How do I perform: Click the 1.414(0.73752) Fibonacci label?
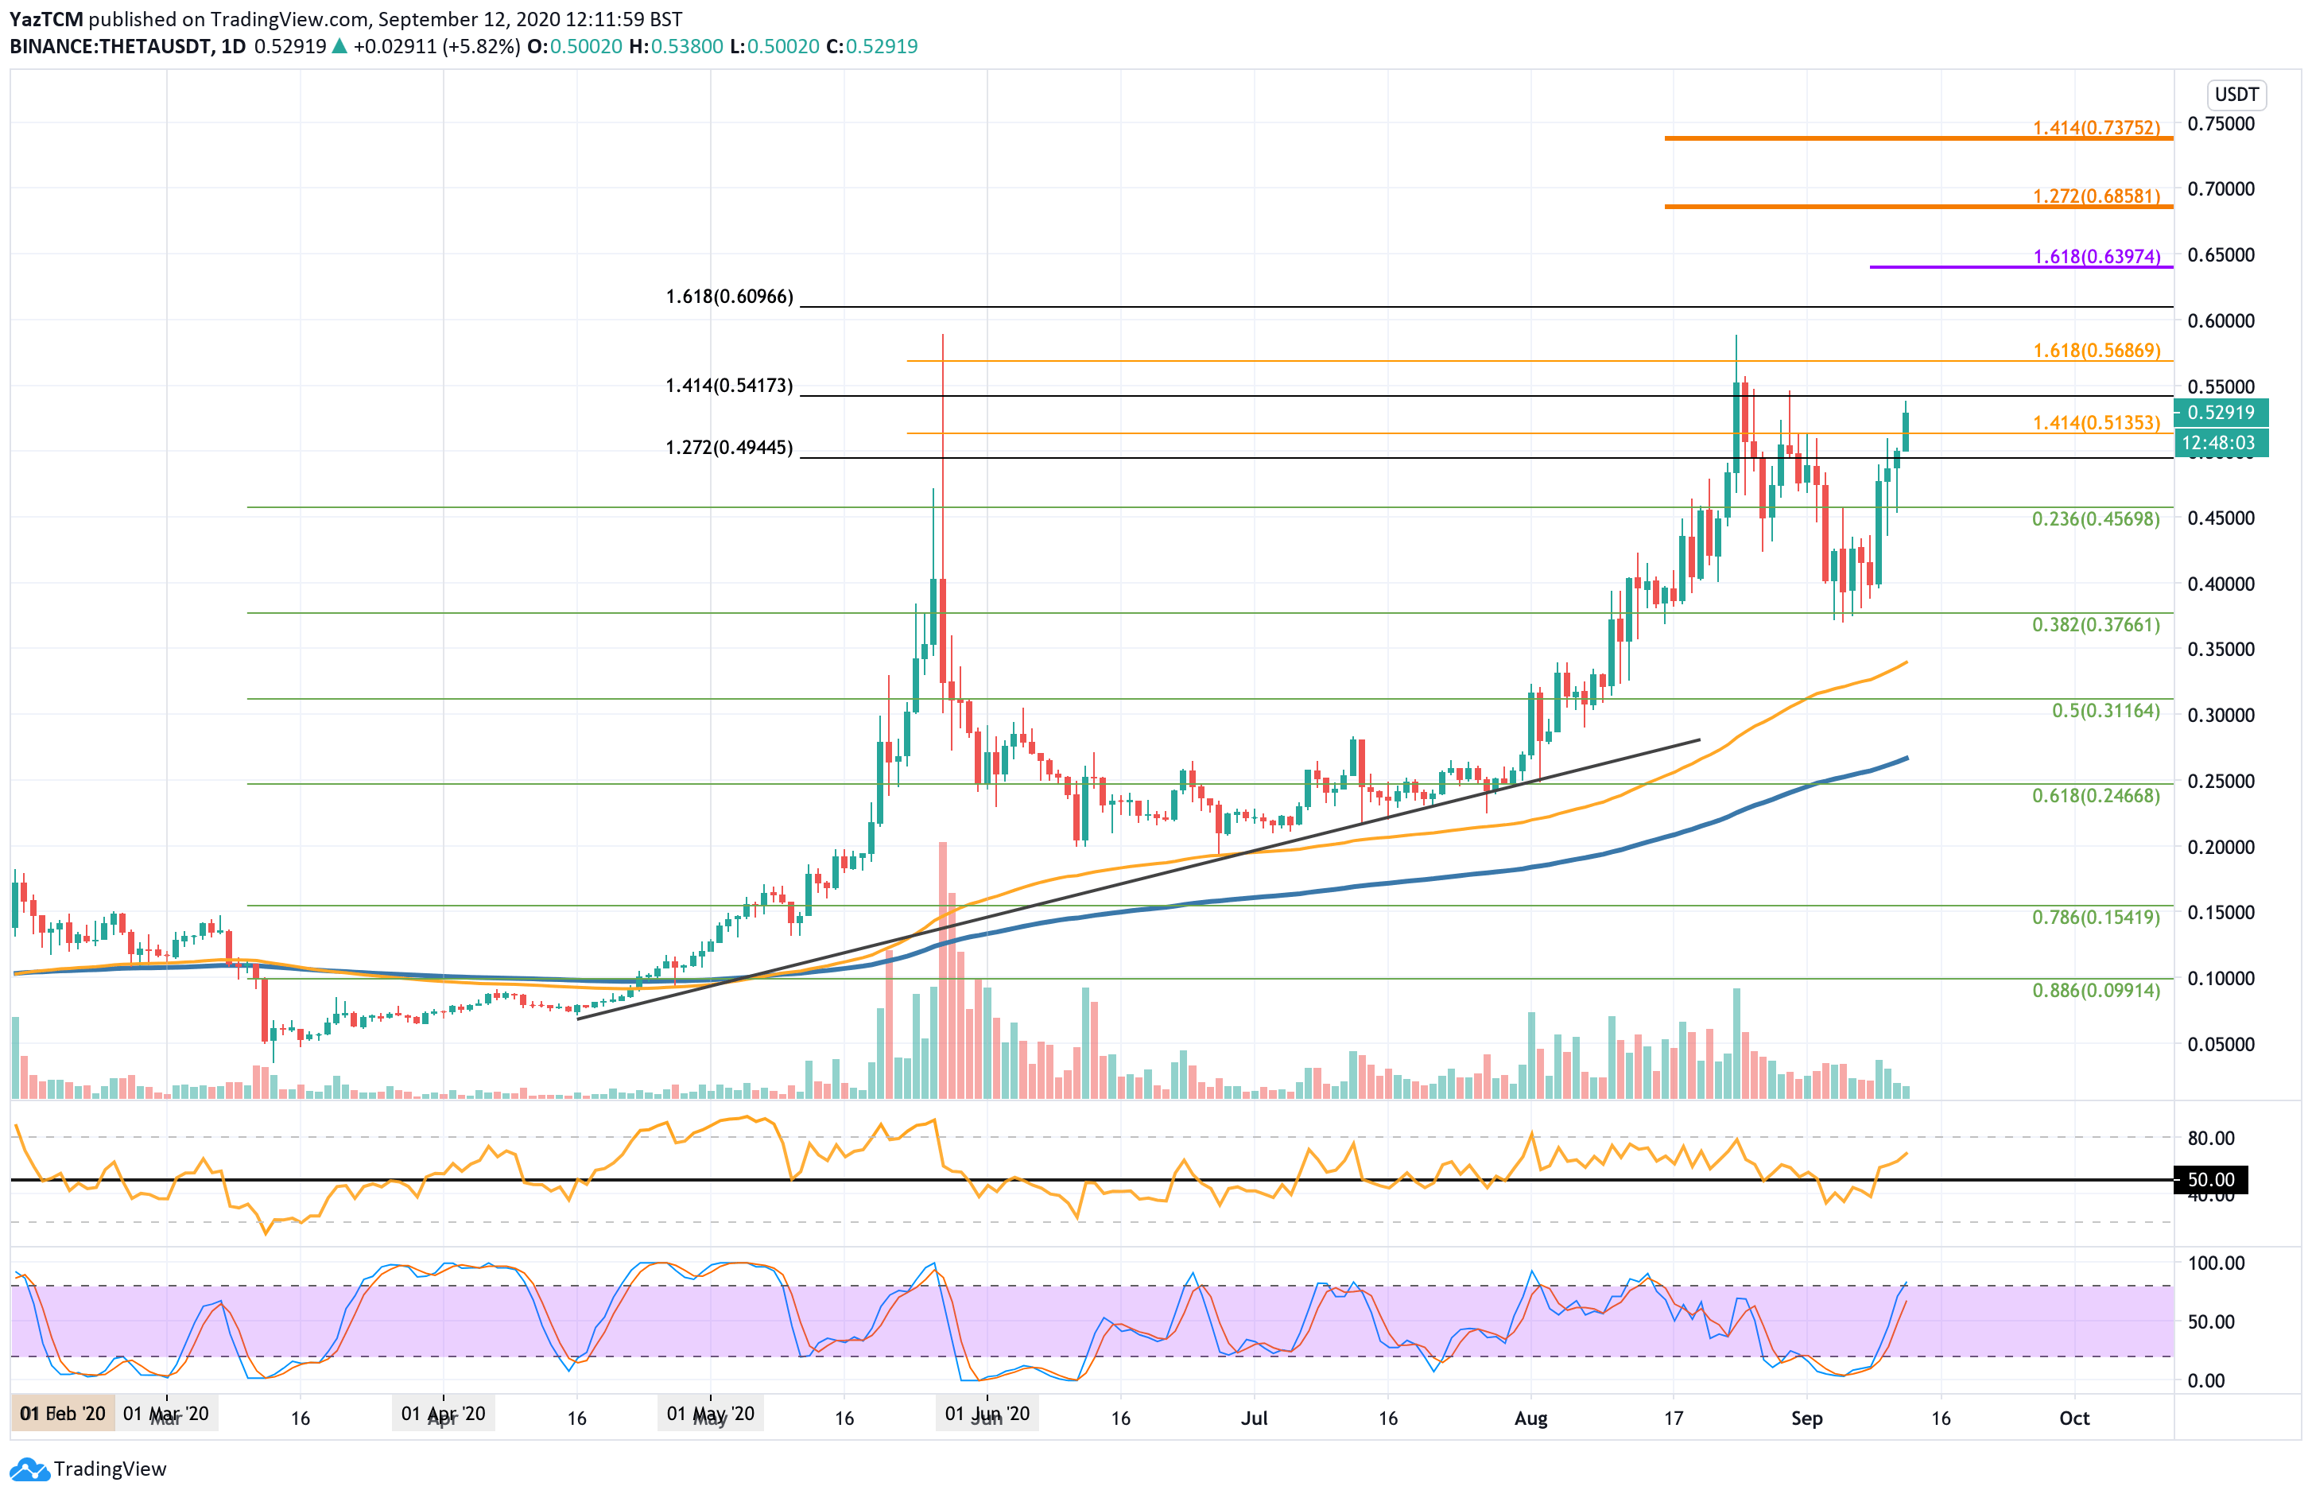(x=2097, y=128)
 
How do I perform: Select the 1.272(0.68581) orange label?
(x=2097, y=196)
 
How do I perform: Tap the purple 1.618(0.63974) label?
(x=2097, y=257)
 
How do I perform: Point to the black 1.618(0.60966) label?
(x=728, y=297)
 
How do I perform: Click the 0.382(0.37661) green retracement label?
(x=2096, y=625)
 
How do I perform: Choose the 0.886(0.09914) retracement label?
(x=2096, y=990)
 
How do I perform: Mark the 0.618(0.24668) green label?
(x=2096, y=796)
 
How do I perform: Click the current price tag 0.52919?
(x=2220, y=412)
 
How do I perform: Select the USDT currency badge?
(x=2236, y=95)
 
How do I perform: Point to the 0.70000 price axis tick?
(x=2221, y=188)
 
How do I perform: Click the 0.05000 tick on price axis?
(x=2221, y=1044)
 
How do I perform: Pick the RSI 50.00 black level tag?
(x=2210, y=1179)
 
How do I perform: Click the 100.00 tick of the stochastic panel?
(x=2215, y=1263)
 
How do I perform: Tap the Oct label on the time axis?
(x=2074, y=1418)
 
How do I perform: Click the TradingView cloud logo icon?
(x=29, y=1469)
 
